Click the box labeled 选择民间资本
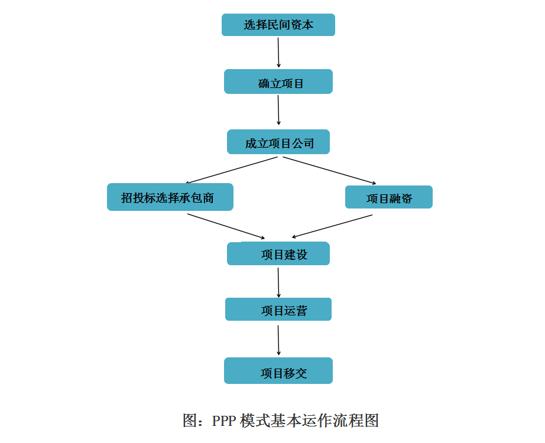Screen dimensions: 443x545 tap(278, 25)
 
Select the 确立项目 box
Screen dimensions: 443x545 tap(278, 82)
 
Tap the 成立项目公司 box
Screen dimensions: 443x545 tap(278, 142)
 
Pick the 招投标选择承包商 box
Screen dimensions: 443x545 tap(170, 197)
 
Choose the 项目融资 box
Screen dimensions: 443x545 tap(388, 197)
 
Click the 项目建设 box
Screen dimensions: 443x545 tap(278, 254)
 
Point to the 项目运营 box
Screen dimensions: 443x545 tap(278, 310)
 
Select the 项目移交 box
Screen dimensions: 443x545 tap(278, 371)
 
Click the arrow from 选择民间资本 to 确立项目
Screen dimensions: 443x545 tap(278, 52)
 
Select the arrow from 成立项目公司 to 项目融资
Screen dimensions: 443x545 tap(329, 170)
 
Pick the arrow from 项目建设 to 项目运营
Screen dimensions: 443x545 tap(278, 282)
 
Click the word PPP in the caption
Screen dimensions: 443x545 tap(224, 421)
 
